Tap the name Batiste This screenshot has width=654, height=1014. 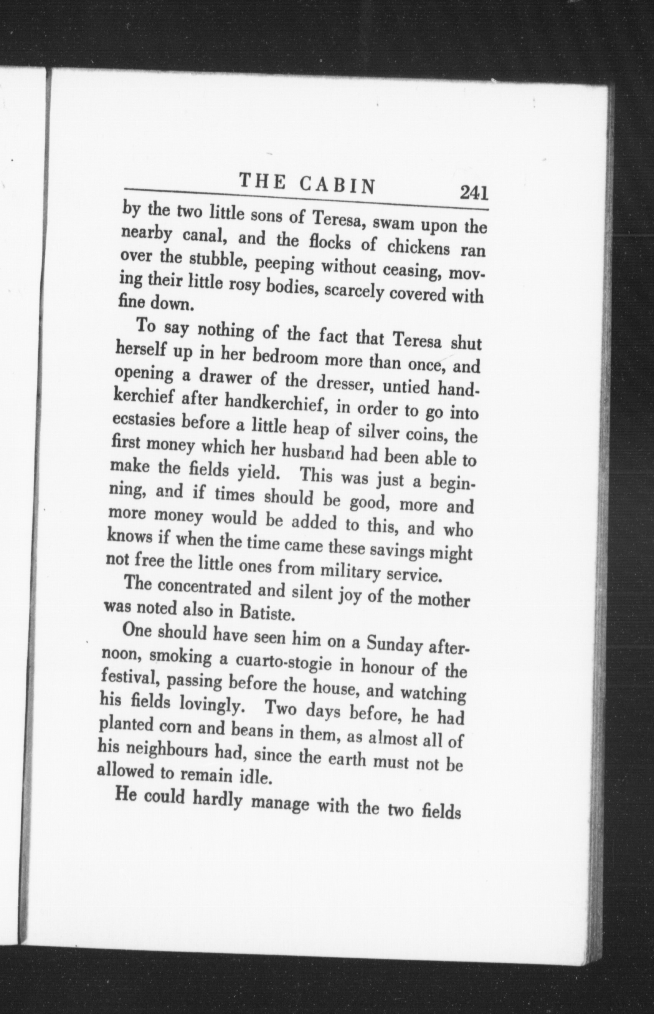coord(264,613)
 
